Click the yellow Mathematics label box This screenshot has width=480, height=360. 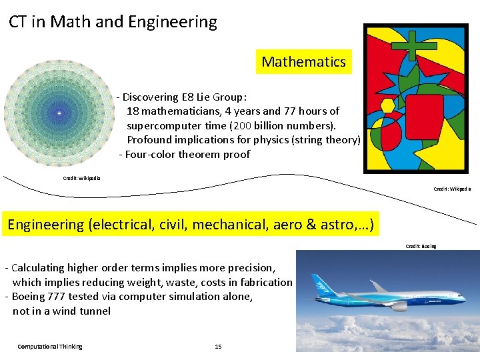(303, 62)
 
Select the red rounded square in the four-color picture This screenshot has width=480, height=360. (424, 116)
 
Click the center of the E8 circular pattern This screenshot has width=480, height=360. (59, 114)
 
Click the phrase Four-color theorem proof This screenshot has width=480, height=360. (187, 155)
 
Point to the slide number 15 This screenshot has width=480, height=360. (218, 347)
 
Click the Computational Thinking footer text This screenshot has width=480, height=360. (50, 347)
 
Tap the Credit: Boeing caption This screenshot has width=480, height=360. (421, 246)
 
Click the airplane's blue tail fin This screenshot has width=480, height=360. (323, 281)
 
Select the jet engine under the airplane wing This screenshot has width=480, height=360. (399, 306)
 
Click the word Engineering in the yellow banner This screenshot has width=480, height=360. (45, 225)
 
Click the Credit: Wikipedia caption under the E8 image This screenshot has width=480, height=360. (81, 178)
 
